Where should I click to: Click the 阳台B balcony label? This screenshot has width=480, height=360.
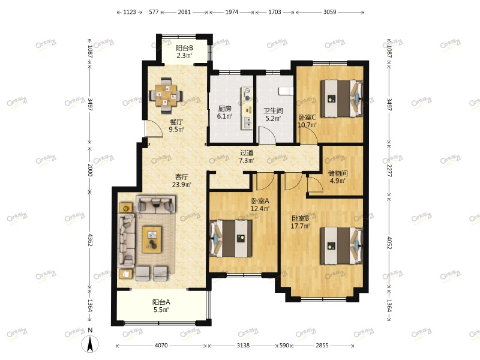click(x=184, y=48)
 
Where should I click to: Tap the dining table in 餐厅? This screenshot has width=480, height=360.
click(x=166, y=95)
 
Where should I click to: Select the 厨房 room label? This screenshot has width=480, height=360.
click(x=224, y=109)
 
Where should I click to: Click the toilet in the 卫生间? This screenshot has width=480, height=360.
click(x=286, y=91)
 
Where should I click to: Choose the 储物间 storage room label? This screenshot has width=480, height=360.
click(x=338, y=173)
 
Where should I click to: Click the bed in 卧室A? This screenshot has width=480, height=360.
click(x=230, y=238)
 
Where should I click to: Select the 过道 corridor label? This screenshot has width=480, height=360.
click(x=247, y=152)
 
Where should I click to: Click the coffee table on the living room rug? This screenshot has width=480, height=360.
click(x=152, y=239)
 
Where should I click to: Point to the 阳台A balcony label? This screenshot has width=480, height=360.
click(x=161, y=302)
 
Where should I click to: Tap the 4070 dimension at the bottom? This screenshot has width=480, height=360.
click(x=161, y=346)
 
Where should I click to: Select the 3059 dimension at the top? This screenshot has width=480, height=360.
click(x=329, y=12)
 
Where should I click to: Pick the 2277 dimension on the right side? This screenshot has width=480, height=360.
click(x=389, y=170)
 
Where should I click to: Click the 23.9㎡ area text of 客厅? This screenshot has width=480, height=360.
click(x=182, y=185)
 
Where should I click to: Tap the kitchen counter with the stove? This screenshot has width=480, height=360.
click(x=247, y=108)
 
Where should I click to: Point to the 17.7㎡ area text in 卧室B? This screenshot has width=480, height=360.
click(x=300, y=226)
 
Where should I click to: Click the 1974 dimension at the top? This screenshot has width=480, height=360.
click(x=232, y=12)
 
